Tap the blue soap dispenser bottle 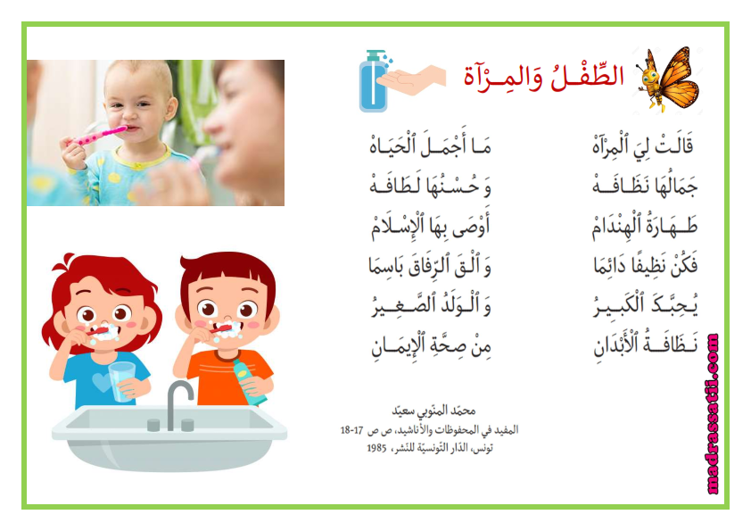pos(374,80)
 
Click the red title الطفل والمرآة pos(543,77)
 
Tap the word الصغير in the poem pos(404,305)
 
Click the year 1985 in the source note pos(376,448)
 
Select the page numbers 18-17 pos(352,430)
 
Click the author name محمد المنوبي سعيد pos(433,411)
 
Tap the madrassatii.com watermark pos(713,414)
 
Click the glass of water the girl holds pos(121,381)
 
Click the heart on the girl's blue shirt pos(101,382)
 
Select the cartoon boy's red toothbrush pos(220,329)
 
